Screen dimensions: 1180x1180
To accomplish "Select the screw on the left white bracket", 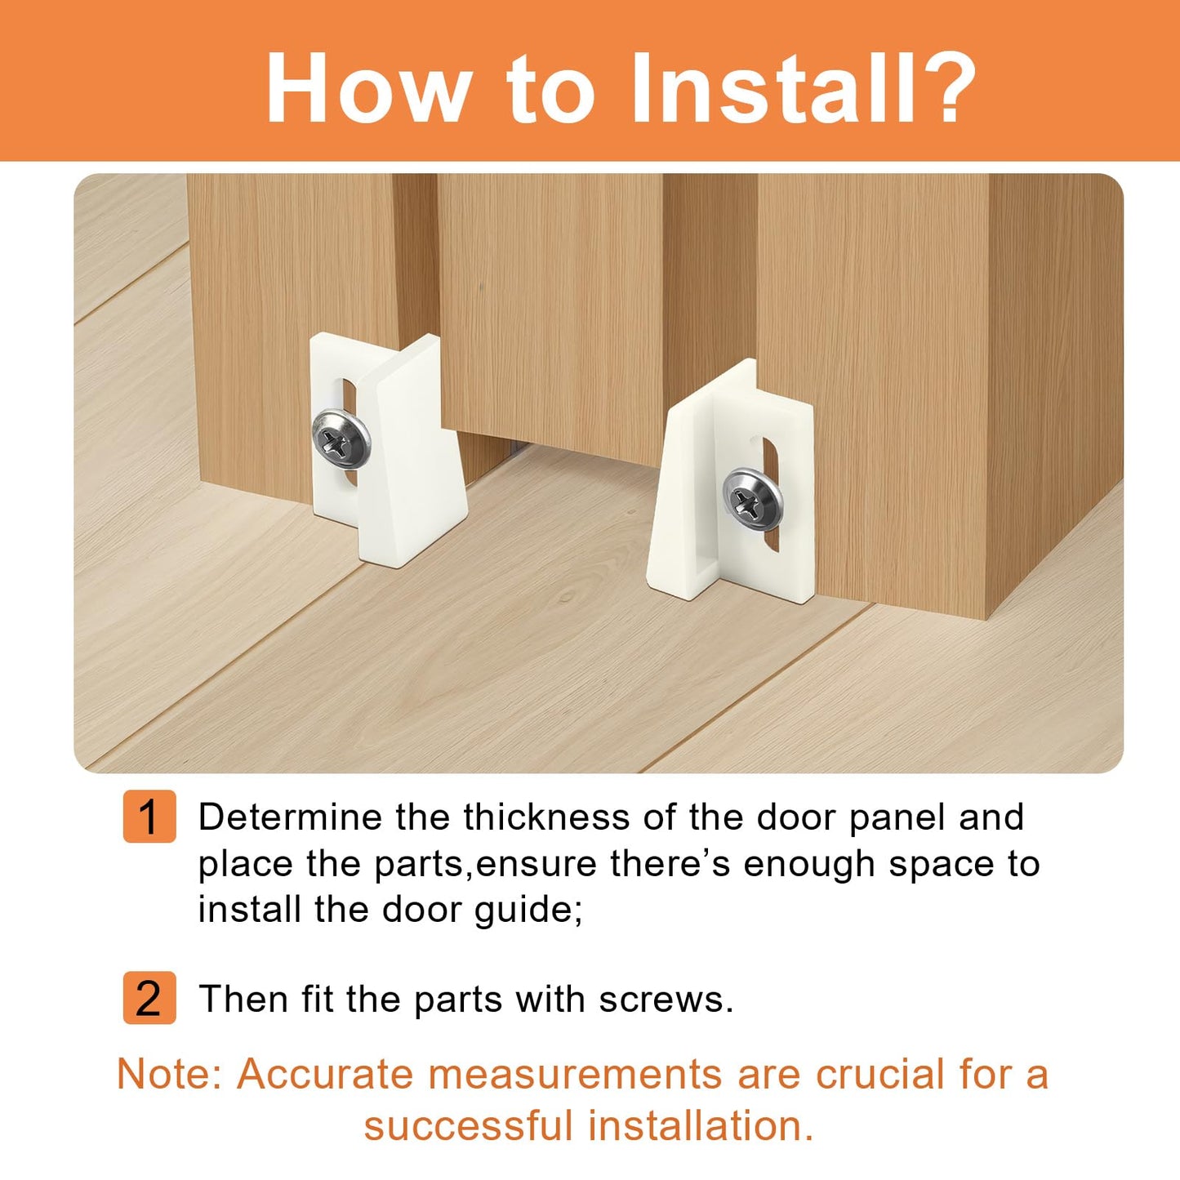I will coord(341,439).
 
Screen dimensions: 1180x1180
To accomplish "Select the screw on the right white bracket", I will coord(752,499).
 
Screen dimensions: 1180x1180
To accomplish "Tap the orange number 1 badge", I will coord(149,816).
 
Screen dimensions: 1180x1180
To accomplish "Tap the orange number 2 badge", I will coord(149,997).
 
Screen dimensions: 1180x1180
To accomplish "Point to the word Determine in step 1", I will coord(290,817).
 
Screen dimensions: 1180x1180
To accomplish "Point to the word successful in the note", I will coord(468,1126).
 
